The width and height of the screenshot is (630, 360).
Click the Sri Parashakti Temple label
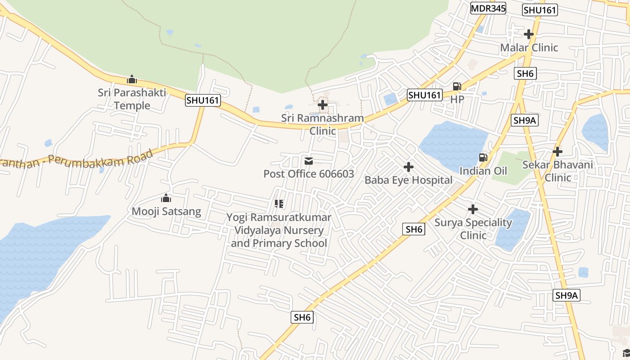click(x=132, y=99)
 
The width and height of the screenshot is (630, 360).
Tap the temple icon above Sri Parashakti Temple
click(x=131, y=80)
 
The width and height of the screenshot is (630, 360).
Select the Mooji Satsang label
click(x=166, y=211)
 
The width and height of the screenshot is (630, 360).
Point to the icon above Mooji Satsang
click(x=166, y=198)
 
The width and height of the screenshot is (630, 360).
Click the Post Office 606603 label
click(x=309, y=174)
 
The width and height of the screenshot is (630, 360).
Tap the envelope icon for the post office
click(x=309, y=161)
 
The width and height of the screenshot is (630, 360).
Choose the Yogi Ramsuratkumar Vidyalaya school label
click(x=279, y=230)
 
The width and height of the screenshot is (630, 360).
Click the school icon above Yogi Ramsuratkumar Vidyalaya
click(x=279, y=204)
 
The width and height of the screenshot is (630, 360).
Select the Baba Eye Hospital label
click(x=408, y=180)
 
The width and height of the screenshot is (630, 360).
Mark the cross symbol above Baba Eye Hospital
click(x=409, y=167)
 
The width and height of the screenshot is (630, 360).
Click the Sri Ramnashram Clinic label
click(x=323, y=124)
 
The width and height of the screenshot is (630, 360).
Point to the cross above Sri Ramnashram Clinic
click(x=323, y=105)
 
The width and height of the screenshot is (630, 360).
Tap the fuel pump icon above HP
click(x=457, y=86)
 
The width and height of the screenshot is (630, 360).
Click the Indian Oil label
click(x=483, y=171)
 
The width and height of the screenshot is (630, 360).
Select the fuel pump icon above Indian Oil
click(x=483, y=157)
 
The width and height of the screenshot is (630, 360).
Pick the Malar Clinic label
click(x=529, y=47)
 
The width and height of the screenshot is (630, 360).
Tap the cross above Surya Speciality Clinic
click(x=473, y=209)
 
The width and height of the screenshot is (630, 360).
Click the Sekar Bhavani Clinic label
click(x=558, y=171)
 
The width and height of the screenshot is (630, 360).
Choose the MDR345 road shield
click(x=488, y=8)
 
